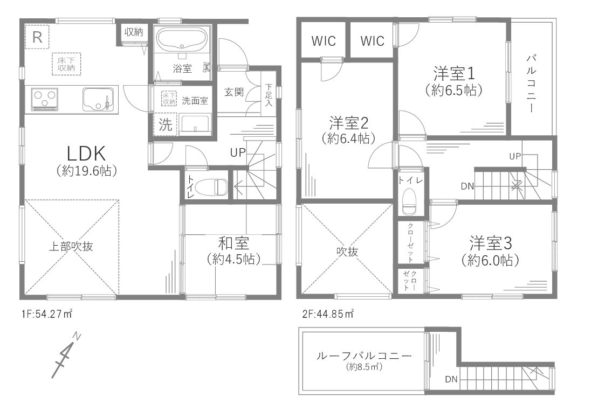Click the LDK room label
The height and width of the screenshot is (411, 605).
86,154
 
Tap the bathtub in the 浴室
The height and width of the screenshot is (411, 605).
182,40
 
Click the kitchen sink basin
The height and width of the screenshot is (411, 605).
98,100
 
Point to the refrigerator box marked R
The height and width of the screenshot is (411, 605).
37,37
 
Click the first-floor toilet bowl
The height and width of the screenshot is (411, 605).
211,187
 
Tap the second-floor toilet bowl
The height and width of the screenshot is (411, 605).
409,201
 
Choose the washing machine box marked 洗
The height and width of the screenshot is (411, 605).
166,124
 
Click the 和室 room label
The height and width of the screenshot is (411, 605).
233,243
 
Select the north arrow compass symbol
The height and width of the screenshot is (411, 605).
66,355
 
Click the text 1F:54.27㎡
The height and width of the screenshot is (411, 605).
47,314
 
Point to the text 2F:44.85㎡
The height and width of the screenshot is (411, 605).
328,314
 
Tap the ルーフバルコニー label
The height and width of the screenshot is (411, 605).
364,356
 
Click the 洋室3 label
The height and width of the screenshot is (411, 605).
490,243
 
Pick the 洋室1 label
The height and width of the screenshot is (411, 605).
454,73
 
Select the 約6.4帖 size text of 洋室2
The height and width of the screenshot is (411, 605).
348,138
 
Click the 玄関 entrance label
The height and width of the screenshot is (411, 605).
234,92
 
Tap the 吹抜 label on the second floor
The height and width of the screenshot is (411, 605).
347,252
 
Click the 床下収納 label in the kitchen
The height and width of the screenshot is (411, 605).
66,64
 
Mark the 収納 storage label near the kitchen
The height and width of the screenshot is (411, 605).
134,32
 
